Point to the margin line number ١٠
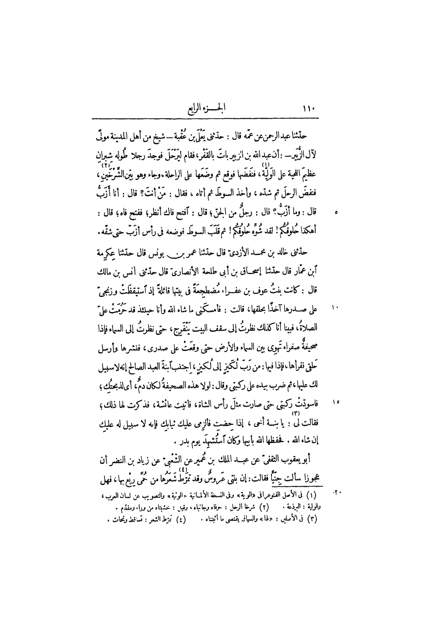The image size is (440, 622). click(x=335, y=308)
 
